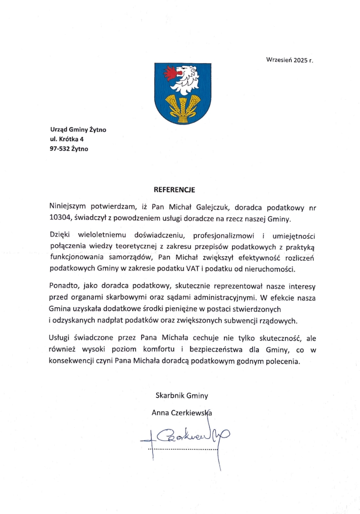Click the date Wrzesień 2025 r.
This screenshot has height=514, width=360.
(290, 60)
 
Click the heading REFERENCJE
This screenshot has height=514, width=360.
(174, 190)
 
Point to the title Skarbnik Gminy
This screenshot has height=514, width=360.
(182, 396)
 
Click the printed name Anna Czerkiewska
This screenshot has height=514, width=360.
(182, 412)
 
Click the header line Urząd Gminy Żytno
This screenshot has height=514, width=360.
(78, 130)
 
